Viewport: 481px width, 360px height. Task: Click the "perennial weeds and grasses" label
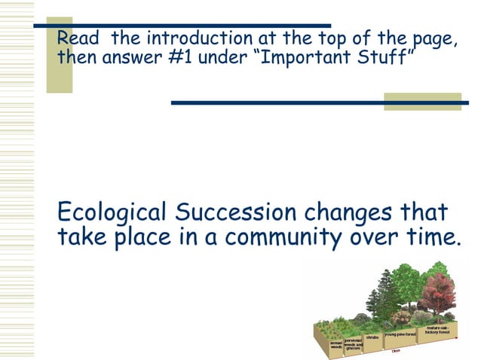[354, 344]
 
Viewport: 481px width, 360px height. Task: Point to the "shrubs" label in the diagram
[372, 337]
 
